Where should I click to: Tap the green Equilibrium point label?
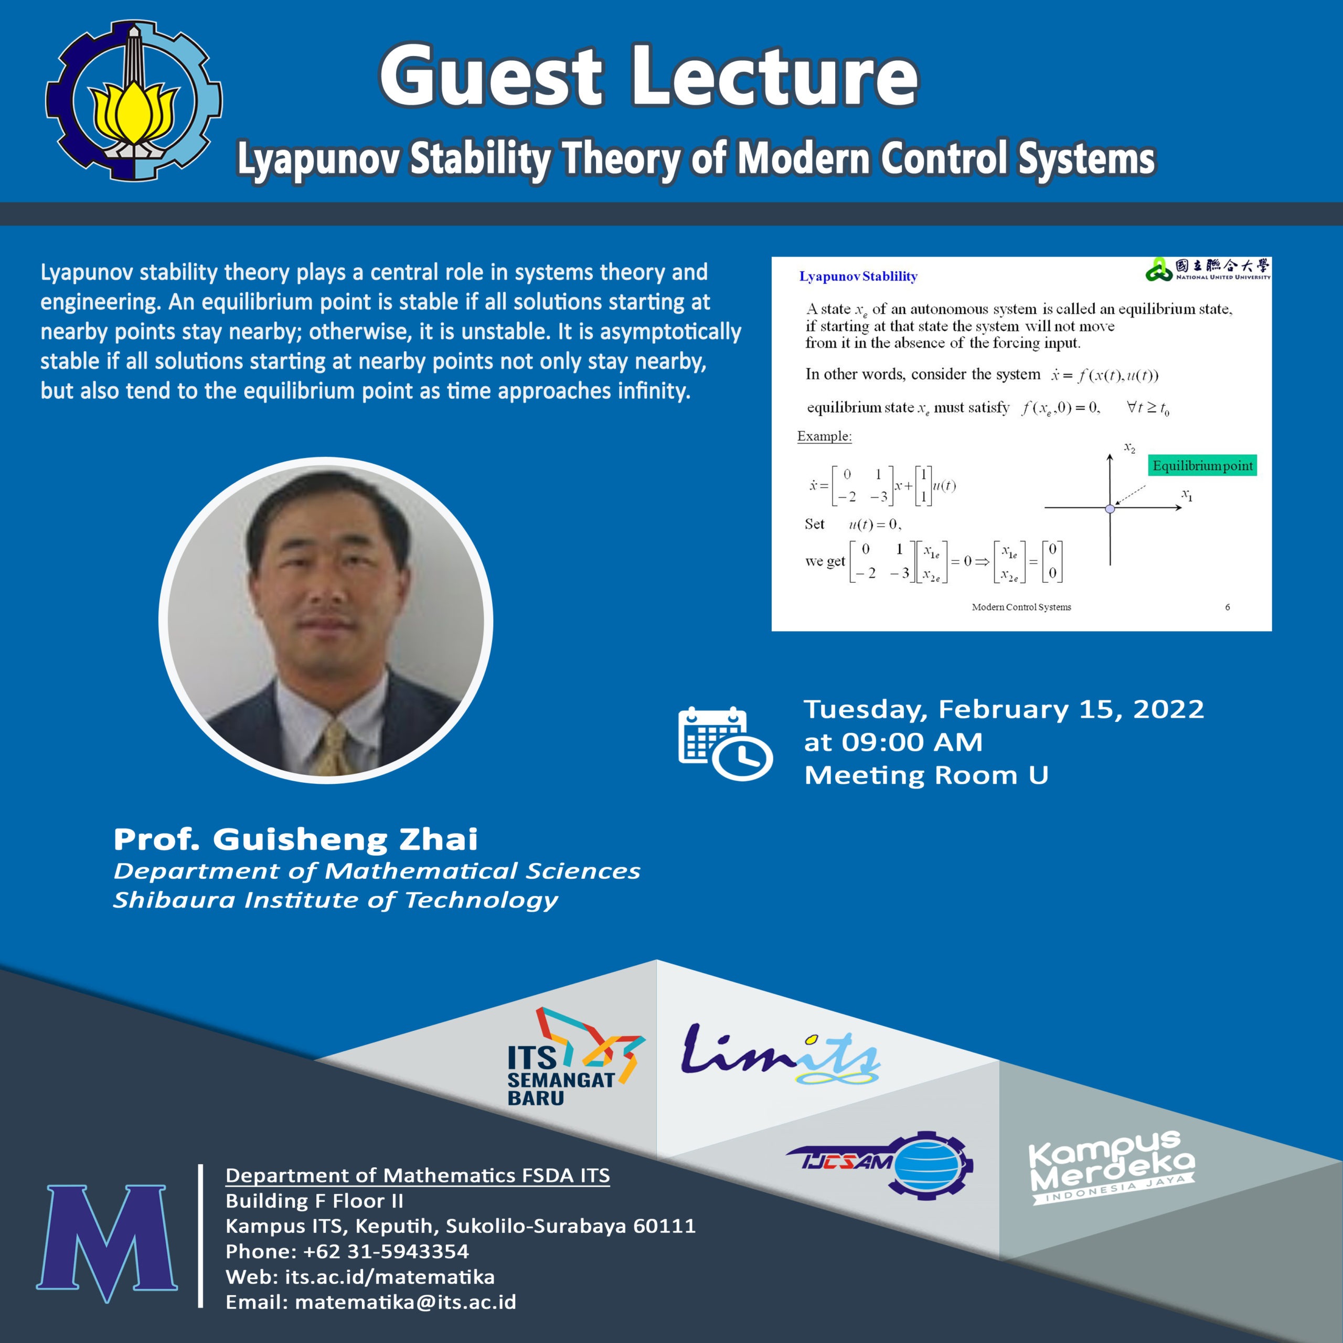click(x=1202, y=466)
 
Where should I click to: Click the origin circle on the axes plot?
click(x=1110, y=509)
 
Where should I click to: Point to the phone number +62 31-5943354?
click(x=386, y=1251)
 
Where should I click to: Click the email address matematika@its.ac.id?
click(x=406, y=1302)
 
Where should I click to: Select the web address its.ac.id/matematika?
click(x=389, y=1277)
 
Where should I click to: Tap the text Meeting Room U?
click(x=926, y=775)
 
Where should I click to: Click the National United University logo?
click(x=1208, y=269)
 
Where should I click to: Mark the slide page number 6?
click(x=1228, y=607)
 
